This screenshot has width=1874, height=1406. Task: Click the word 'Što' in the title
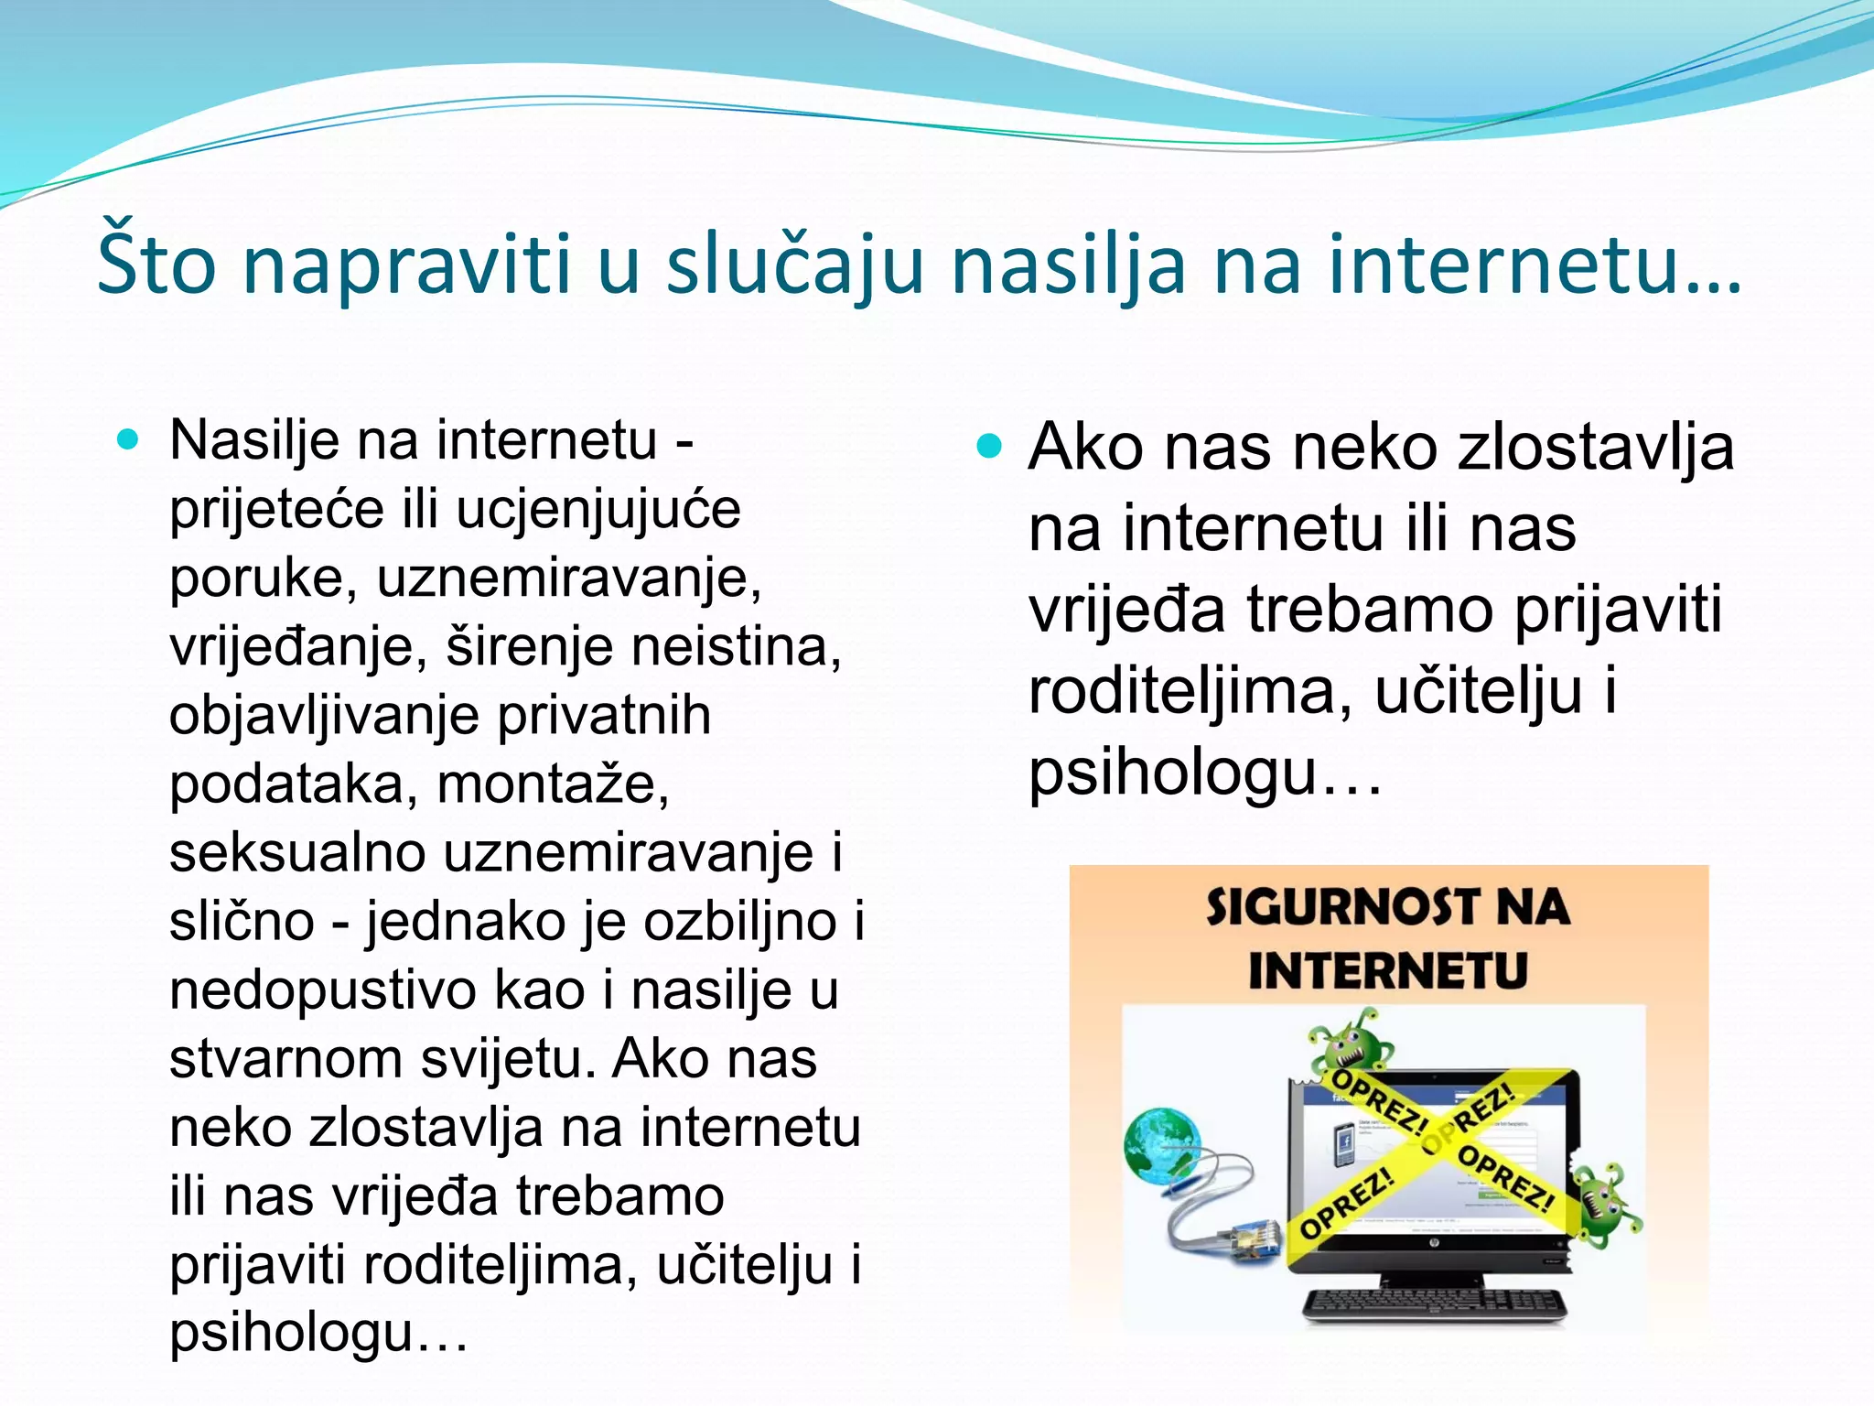(x=156, y=265)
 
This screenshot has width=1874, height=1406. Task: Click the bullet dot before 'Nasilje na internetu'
(x=128, y=439)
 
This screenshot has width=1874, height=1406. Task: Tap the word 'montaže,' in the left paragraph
(x=553, y=784)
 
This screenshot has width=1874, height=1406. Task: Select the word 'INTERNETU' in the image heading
(x=1388, y=971)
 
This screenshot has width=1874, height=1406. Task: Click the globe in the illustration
(x=1161, y=1144)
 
